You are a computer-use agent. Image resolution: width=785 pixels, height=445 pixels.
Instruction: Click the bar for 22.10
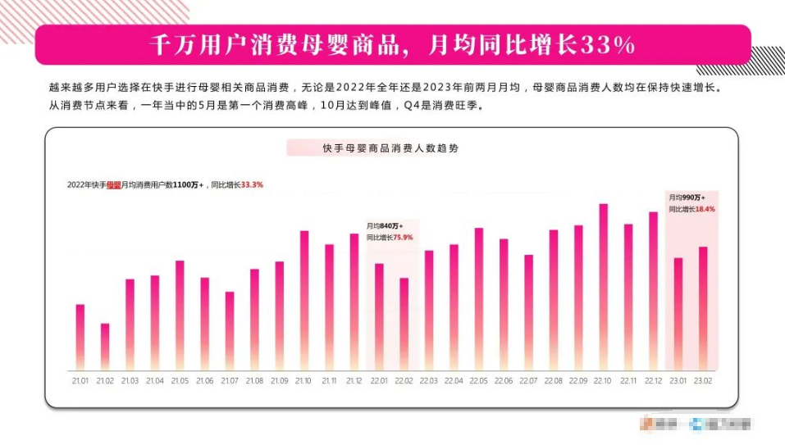(x=603, y=287)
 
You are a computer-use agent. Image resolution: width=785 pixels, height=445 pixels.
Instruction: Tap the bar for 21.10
(x=304, y=300)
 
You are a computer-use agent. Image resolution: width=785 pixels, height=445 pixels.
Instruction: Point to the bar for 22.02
(x=404, y=324)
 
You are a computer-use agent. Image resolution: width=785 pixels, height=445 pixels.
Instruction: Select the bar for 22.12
(x=653, y=291)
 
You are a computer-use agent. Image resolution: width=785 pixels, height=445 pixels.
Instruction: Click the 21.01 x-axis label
(x=80, y=381)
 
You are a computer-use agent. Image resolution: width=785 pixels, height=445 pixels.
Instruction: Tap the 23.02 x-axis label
(x=703, y=381)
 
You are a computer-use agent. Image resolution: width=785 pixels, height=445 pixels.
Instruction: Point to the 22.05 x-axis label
(x=478, y=381)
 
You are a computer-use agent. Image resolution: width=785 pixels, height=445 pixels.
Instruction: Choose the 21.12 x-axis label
(x=354, y=381)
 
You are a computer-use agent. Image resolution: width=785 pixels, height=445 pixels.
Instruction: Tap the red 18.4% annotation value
(x=705, y=209)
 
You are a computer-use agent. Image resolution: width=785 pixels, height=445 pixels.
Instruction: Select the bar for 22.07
(x=528, y=312)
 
